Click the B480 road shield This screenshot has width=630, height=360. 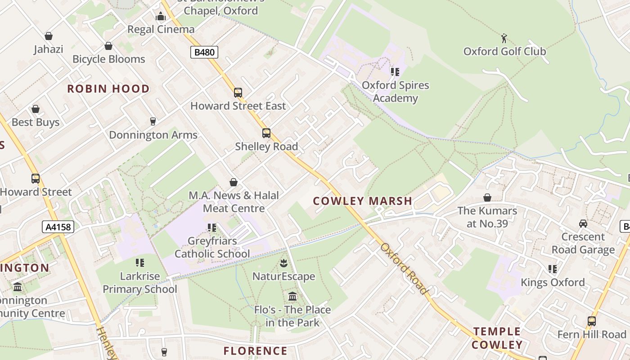[x=204, y=52]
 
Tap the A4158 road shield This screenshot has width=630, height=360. [x=58, y=227]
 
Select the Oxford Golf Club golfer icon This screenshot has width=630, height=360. [x=504, y=38]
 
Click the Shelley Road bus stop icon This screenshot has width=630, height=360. [x=266, y=133]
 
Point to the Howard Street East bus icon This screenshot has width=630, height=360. [x=238, y=93]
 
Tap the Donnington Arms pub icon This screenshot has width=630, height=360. [x=153, y=121]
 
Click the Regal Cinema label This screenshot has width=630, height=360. [x=161, y=29]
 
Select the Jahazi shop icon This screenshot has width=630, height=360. [x=49, y=36]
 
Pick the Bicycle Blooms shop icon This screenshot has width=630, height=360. [x=108, y=46]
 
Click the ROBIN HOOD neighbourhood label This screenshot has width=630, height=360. [x=108, y=89]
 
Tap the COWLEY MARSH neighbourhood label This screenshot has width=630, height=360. [x=363, y=201]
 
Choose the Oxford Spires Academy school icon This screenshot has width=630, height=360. [x=395, y=72]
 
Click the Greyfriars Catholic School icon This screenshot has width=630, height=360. [x=212, y=228]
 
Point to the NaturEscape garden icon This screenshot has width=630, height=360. [x=283, y=262]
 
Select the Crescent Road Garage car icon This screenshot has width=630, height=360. [x=583, y=224]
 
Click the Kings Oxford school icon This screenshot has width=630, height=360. [x=553, y=269]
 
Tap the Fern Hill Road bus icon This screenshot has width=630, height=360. [x=592, y=321]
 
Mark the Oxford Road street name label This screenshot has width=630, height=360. [x=404, y=268]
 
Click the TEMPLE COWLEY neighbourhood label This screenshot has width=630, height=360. [x=497, y=338]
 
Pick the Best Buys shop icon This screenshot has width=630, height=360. [x=36, y=109]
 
